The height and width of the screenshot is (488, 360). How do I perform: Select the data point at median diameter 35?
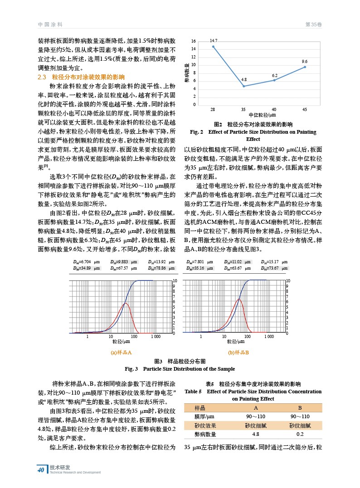coord(243,86)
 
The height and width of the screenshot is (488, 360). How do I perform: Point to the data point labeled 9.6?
coord(305,67)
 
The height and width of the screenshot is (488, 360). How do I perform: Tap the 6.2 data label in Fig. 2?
coord(275,75)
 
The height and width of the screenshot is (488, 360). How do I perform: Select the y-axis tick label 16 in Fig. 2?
coord(194,41)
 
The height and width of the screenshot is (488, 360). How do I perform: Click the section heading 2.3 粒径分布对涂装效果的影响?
coord(81,77)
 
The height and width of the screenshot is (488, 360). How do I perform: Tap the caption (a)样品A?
coord(121,352)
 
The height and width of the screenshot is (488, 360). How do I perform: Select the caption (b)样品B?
coord(237,352)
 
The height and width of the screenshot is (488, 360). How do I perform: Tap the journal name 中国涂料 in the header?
coord(50,24)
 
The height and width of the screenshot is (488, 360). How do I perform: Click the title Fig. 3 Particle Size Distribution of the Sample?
coord(180,369)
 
